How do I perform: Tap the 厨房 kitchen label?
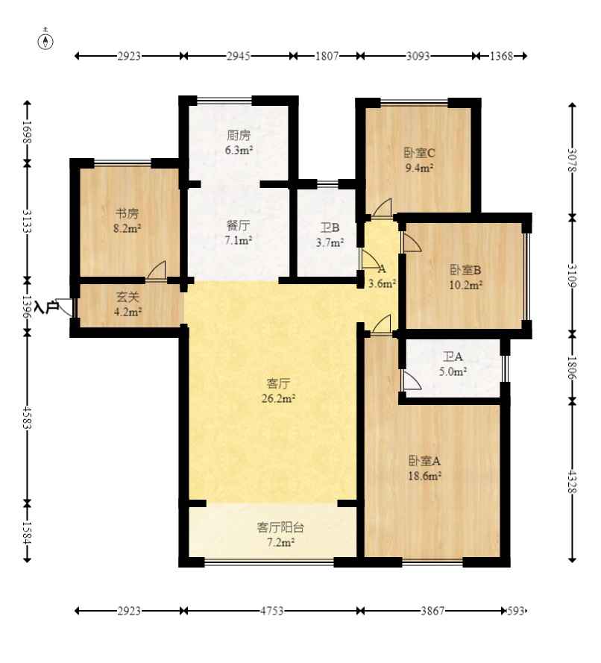pyautogui.click(x=239, y=135)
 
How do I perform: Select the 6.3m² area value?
pyautogui.click(x=239, y=150)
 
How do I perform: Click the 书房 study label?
pyautogui.click(x=128, y=213)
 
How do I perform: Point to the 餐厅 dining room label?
pyautogui.click(x=239, y=225)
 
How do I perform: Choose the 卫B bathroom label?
pyautogui.click(x=330, y=228)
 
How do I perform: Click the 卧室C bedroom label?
pyautogui.click(x=419, y=153)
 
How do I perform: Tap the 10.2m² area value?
pyautogui.click(x=466, y=286)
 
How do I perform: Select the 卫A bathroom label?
pyautogui.click(x=453, y=357)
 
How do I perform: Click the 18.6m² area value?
pyautogui.click(x=425, y=476)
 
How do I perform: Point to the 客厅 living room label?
pyautogui.click(x=278, y=383)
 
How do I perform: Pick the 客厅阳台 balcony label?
pyautogui.click(x=280, y=527)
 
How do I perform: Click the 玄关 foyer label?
pyautogui.click(x=128, y=298)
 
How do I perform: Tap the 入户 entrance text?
pyautogui.click(x=46, y=307)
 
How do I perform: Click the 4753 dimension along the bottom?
pyautogui.click(x=271, y=611)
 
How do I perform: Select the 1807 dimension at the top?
pyautogui.click(x=327, y=56)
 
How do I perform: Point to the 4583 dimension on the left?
pyautogui.click(x=27, y=418)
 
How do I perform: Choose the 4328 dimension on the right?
pyautogui.click(x=572, y=481)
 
